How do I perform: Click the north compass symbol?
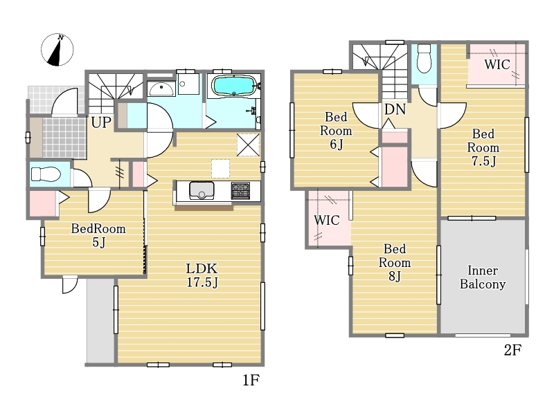(57, 50)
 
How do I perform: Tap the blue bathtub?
(233, 86)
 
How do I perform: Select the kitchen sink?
(202, 191)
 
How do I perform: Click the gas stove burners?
(240, 191)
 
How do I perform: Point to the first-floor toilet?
(46, 174)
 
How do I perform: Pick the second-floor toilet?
(424, 58)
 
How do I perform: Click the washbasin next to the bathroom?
(161, 89)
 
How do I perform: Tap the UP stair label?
(101, 122)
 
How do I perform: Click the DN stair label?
(395, 109)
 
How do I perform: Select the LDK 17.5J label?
(202, 275)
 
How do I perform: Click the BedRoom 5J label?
(98, 235)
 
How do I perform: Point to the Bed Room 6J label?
(336, 131)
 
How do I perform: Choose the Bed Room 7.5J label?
(483, 147)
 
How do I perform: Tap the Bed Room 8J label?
(395, 263)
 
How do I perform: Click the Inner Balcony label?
(483, 277)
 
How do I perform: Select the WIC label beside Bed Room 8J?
(327, 220)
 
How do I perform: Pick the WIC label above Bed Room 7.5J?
(497, 64)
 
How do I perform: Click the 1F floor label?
(251, 380)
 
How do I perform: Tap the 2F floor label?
(512, 350)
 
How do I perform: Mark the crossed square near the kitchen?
(248, 145)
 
